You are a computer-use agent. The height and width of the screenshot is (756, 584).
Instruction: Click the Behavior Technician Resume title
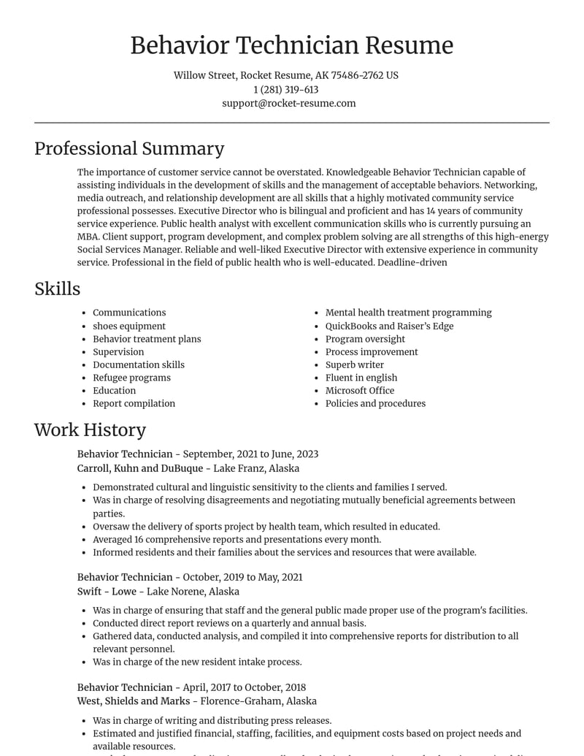coord(291,45)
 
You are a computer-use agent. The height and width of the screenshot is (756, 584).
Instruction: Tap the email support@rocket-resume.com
coord(289,104)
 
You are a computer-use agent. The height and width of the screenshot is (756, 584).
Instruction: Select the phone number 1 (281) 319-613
coord(286,90)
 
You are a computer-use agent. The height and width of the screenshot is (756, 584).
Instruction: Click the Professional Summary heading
coord(129,149)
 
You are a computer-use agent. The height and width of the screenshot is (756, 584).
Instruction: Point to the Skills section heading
coord(57,289)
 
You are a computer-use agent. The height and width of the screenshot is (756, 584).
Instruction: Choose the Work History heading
coord(90,430)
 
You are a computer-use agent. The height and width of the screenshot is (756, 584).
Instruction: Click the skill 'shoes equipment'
coord(129,326)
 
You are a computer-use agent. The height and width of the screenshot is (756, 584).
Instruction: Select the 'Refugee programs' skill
coord(131,378)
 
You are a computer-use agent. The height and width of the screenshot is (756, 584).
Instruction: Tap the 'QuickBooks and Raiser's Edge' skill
coord(389,326)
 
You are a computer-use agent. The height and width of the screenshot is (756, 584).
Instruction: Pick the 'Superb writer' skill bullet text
coord(354,364)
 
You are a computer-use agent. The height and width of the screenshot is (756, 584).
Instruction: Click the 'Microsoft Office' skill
coord(359,391)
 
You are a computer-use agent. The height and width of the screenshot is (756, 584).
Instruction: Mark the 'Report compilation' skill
coord(134,403)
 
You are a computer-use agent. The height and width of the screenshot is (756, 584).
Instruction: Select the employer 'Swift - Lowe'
coord(107,591)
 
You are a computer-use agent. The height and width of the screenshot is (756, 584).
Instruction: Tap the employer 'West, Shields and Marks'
coord(134,700)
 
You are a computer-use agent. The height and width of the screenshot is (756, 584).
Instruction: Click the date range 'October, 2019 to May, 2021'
coord(242,577)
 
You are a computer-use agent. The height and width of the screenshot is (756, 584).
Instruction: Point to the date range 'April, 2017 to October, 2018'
coord(245,687)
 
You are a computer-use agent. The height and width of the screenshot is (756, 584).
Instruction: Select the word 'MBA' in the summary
coord(88,237)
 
